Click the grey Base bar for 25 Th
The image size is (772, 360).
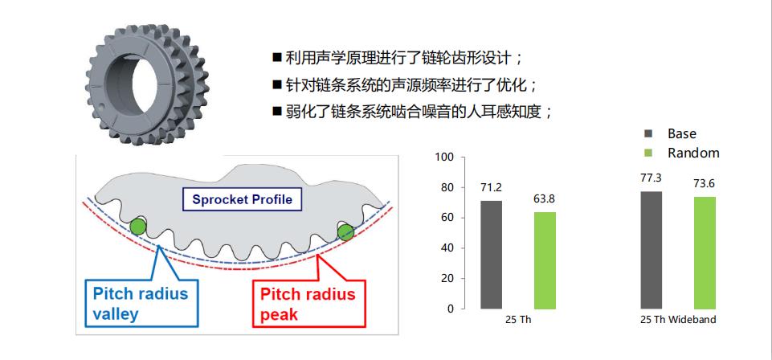tap(491, 255)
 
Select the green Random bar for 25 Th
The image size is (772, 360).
tap(545, 260)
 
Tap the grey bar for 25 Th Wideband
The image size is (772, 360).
tap(651, 250)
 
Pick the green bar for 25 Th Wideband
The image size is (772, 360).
tap(705, 253)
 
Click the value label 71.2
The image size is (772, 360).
tap(491, 187)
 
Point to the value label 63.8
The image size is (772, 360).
tap(545, 199)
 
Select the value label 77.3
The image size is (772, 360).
tap(651, 178)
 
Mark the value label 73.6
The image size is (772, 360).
tap(705, 184)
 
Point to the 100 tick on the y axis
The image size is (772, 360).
tap(443, 157)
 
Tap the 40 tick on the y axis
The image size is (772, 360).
tap(446, 248)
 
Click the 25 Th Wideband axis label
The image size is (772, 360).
tap(678, 320)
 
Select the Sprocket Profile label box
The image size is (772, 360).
tap(242, 199)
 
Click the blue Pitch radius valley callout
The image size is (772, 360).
tap(142, 303)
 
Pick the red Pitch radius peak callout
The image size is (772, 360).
tap(308, 304)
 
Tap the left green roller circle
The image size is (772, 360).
tap(138, 227)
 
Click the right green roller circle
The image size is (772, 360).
tap(345, 231)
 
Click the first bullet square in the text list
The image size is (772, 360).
tap(277, 57)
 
